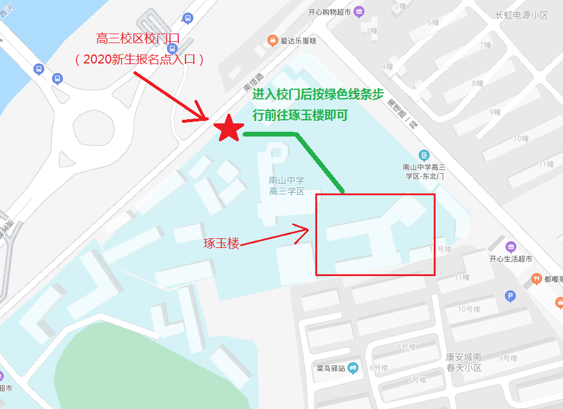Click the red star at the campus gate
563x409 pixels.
coord(229,128)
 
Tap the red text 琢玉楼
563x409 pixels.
coord(221,244)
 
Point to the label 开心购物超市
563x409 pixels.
coord(330,12)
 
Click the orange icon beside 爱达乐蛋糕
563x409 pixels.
coord(272,41)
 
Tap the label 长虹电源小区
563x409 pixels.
coord(522,15)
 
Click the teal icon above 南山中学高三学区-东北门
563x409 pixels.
coord(424,155)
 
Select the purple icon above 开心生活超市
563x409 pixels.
coord(510,247)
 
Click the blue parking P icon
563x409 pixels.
coord(510,295)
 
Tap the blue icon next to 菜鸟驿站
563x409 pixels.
coord(352,367)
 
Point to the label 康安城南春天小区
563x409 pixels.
coord(464,362)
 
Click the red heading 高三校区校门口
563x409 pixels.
coord(138,40)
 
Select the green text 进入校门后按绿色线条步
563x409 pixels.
coord(318,94)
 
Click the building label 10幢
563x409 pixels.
coord(521,138)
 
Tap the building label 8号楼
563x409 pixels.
coord(407,347)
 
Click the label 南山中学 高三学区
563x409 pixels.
coord(287,186)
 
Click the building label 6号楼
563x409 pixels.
coord(379,368)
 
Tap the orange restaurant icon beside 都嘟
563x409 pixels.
coord(537,279)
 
